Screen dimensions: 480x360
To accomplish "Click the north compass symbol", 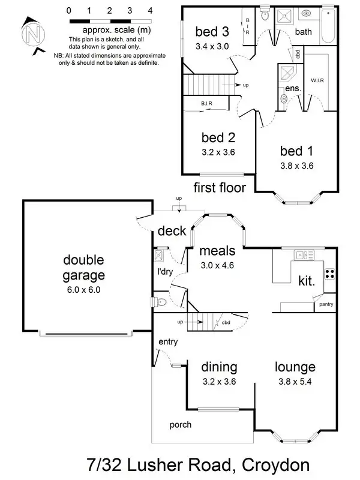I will coord(31,34).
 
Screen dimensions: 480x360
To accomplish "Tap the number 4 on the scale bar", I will coord(150,11).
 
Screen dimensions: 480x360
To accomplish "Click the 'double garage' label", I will coord(83,268).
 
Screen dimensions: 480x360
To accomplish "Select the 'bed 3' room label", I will coord(212,31).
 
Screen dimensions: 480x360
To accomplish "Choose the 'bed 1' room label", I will coord(296,150).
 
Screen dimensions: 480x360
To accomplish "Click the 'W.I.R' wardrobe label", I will coord(317,80).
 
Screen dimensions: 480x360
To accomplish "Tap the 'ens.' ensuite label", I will coord(293,88).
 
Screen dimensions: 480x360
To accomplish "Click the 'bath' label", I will coord(303,32).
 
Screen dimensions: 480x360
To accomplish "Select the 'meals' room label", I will coord(217,250).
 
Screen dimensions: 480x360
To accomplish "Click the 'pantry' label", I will coord(326,304).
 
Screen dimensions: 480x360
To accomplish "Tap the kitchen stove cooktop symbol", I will coord(329,274).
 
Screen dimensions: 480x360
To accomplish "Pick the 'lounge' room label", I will coord(295,367).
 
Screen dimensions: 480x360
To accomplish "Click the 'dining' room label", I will coord(219,367).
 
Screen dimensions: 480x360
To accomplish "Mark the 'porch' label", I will coord(181,425).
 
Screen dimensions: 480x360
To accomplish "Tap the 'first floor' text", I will coord(220,188).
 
